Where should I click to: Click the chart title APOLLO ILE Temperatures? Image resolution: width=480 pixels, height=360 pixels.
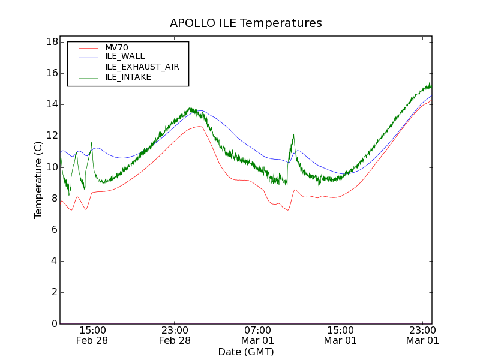tap(246, 23)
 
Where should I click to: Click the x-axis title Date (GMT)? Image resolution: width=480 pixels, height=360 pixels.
tap(246, 352)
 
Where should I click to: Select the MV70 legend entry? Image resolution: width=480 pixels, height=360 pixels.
tap(116, 47)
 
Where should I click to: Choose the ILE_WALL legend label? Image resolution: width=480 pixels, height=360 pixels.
tap(125, 56)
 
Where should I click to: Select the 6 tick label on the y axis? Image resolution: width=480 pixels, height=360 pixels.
tap(54, 230)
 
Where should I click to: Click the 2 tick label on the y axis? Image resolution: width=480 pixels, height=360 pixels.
tap(54, 292)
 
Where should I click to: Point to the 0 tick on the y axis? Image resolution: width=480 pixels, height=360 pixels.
tap(54, 324)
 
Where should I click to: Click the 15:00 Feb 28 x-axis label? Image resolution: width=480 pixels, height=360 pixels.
tap(92, 335)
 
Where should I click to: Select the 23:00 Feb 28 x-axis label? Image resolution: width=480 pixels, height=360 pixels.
tap(175, 335)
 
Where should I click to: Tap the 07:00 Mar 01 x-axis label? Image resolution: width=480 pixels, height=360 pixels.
tap(257, 335)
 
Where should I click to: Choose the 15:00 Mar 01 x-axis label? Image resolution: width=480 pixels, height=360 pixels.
tap(340, 335)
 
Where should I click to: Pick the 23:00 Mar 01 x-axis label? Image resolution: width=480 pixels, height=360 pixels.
tap(422, 335)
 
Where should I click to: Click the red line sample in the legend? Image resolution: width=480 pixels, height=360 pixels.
tap(88, 47)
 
